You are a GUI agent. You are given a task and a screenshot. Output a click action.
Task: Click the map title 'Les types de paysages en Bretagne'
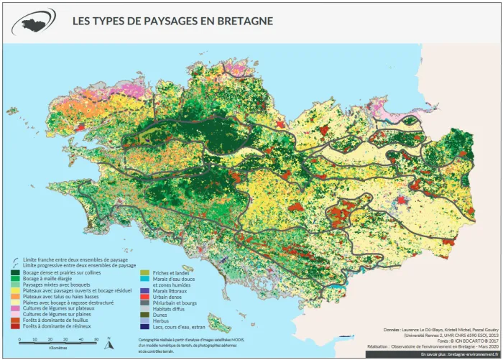click(x=172, y=21)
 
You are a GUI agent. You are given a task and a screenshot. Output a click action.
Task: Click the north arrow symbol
click(x=109, y=344)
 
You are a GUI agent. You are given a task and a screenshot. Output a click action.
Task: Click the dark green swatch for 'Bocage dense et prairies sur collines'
click(x=16, y=272)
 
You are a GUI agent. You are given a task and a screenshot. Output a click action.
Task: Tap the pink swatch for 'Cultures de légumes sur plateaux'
click(x=16, y=308)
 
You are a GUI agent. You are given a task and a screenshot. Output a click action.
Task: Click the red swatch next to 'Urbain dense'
click(x=144, y=296)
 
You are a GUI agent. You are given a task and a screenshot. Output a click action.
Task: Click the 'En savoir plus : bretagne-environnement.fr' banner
click(x=458, y=354)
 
